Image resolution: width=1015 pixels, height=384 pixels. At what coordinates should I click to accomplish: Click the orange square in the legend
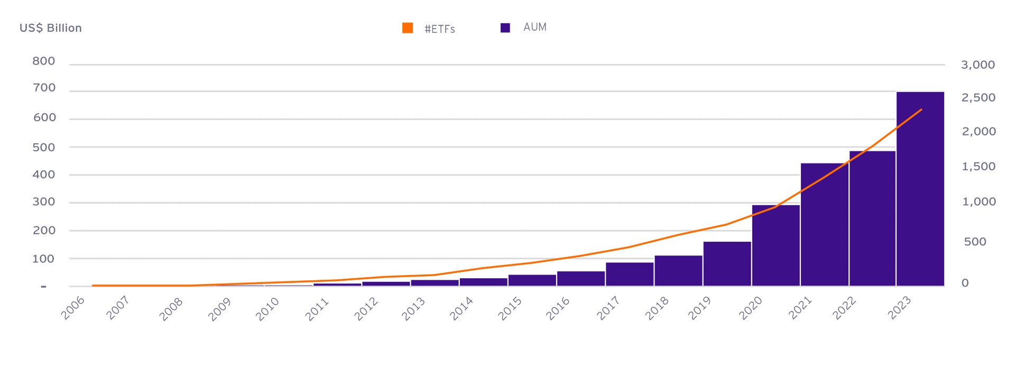pyautogui.click(x=407, y=28)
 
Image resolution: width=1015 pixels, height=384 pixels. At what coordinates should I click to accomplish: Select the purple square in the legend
pyautogui.click(x=505, y=28)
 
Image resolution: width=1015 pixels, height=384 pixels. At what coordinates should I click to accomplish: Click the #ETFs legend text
pyautogui.click(x=439, y=29)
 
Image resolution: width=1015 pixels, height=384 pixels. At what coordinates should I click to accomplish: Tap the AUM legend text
pyautogui.click(x=534, y=28)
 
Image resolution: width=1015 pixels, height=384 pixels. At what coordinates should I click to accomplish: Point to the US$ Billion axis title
pyautogui.click(x=51, y=28)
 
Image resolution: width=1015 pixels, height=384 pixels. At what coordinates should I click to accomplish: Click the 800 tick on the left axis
pyautogui.click(x=44, y=61)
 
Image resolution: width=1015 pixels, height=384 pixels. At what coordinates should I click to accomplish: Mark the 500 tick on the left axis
pyautogui.click(x=44, y=148)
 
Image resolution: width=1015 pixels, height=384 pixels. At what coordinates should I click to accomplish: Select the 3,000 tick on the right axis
pyautogui.click(x=977, y=65)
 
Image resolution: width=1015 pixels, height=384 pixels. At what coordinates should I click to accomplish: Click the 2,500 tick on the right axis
pyautogui.click(x=978, y=98)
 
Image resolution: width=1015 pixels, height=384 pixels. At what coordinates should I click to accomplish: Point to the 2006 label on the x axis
pyautogui.click(x=73, y=308)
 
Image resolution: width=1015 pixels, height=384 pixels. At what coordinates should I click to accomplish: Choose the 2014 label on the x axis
pyautogui.click(x=462, y=308)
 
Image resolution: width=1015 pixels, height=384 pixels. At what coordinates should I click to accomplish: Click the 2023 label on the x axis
pyautogui.click(x=899, y=307)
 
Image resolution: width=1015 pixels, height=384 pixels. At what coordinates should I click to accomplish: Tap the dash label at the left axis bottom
pyautogui.click(x=43, y=287)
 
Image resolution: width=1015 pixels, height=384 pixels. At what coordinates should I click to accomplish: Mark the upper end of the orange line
pyautogui.click(x=921, y=109)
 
